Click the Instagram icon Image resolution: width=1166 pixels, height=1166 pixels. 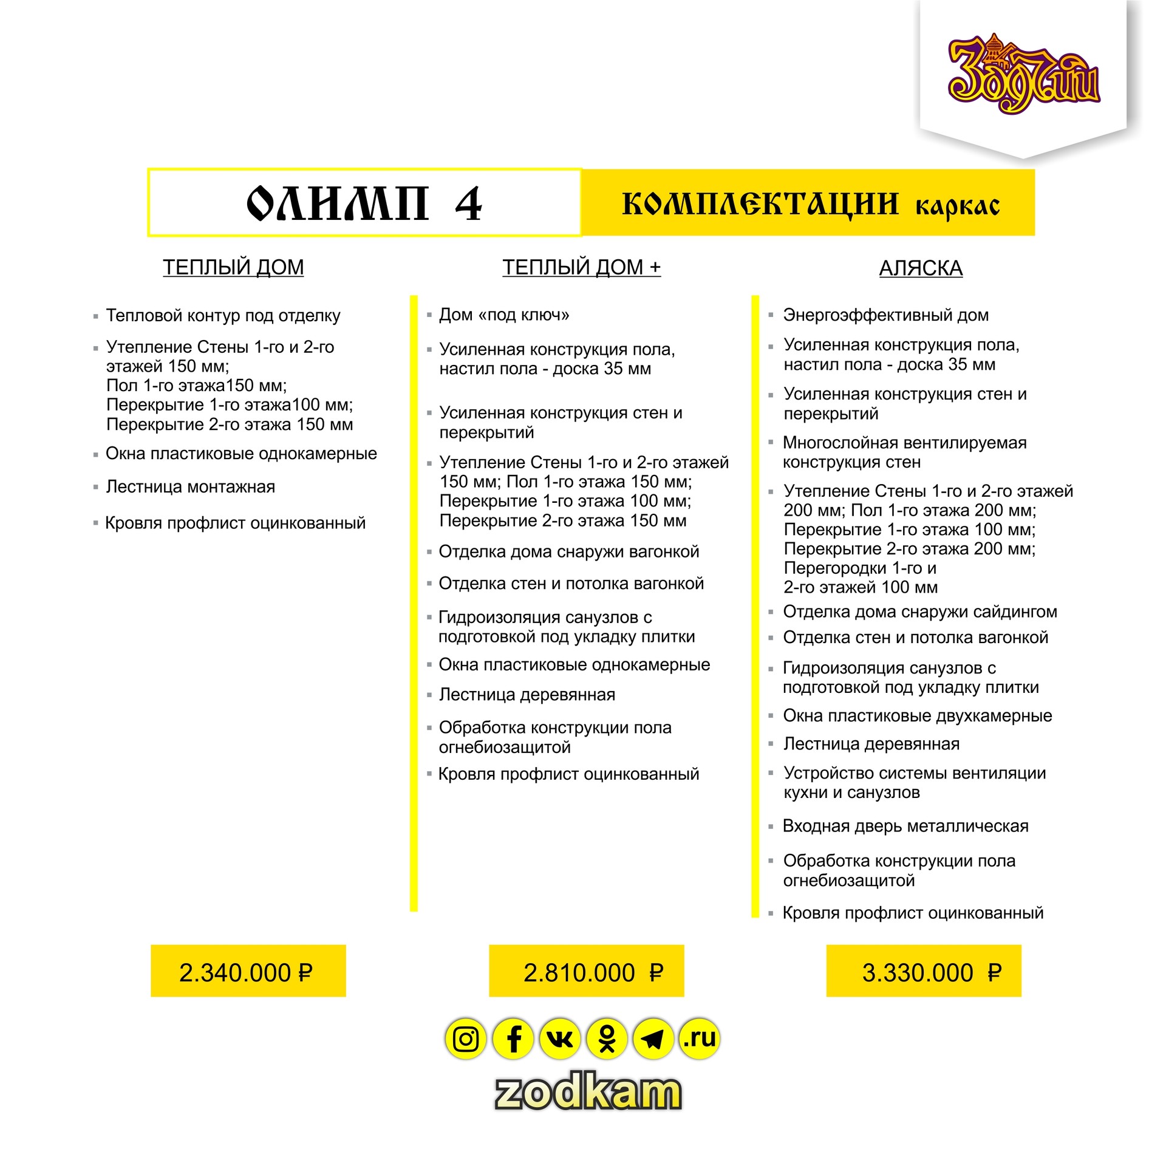point(466,1039)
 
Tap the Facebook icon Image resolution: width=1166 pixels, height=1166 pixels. point(513,1039)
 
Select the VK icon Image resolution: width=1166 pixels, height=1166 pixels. point(560,1039)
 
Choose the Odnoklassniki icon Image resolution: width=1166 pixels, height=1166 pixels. point(607,1039)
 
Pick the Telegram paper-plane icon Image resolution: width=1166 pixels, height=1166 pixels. point(653,1039)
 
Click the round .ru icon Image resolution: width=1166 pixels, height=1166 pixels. point(700,1039)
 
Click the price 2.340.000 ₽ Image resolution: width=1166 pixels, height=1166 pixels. point(246,973)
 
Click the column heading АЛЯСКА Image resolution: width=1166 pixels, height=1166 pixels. point(921,268)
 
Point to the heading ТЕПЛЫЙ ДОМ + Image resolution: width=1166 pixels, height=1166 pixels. point(581,267)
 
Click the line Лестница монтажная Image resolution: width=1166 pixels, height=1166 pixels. point(190,486)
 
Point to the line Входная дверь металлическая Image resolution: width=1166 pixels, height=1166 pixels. point(905,826)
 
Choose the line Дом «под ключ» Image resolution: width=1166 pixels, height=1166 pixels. point(504,315)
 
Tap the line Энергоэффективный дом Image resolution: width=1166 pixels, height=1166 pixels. point(885,315)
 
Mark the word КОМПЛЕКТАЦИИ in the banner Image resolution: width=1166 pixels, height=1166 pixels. point(760,203)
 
